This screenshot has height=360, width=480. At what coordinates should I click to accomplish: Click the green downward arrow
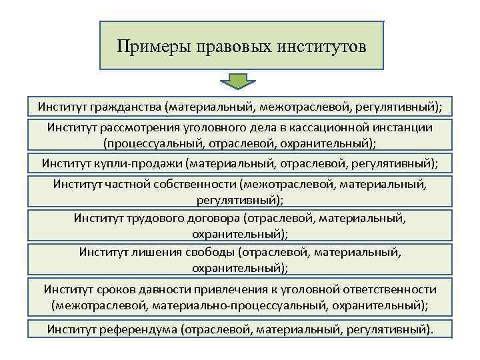click(234, 83)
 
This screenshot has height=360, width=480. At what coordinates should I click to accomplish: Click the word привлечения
click(229, 290)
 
